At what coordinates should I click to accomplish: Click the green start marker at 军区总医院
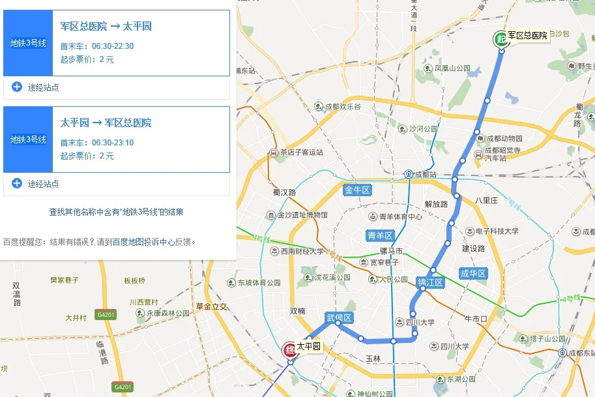pyautogui.click(x=500, y=38)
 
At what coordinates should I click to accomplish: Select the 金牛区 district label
pyautogui.click(x=357, y=190)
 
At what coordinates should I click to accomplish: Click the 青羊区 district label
pyautogui.click(x=380, y=235)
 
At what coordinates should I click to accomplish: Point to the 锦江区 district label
pyautogui.click(x=430, y=282)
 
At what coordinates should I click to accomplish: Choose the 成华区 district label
pyautogui.click(x=473, y=273)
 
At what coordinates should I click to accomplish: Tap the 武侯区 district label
pyautogui.click(x=339, y=317)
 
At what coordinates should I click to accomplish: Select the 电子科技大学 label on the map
pyautogui.click(x=497, y=231)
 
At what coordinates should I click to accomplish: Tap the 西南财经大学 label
pyautogui.click(x=302, y=251)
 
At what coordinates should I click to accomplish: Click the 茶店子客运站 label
pyautogui.click(x=301, y=153)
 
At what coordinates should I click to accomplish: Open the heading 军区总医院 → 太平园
pyautogui.click(x=106, y=27)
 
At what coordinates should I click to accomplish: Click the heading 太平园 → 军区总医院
pyautogui.click(x=106, y=123)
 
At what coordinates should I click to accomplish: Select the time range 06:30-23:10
pyautogui.click(x=113, y=143)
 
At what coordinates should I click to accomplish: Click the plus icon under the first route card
pyautogui.click(x=17, y=87)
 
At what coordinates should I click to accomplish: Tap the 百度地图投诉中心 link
pyautogui.click(x=143, y=242)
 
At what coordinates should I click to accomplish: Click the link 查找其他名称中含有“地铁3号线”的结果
pyautogui.click(x=116, y=212)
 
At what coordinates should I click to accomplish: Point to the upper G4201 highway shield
pyautogui.click(x=106, y=314)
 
